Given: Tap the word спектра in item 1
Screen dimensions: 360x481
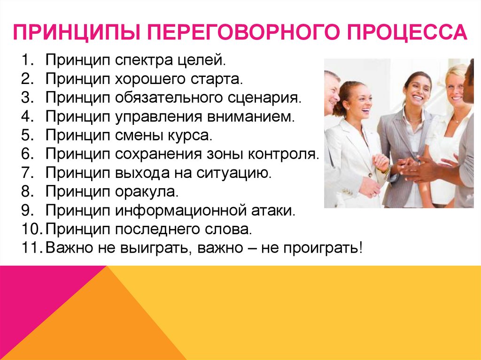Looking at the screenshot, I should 143,61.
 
